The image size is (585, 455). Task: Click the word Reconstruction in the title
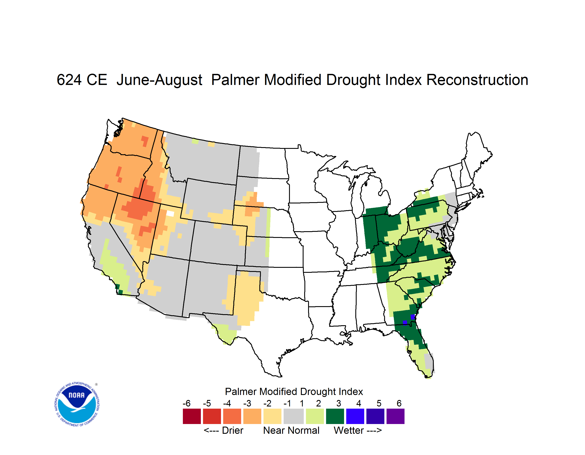click(477, 80)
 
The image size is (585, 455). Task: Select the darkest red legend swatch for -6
click(192, 416)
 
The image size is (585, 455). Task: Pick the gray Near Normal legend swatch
click(294, 416)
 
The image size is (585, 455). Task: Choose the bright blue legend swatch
click(355, 416)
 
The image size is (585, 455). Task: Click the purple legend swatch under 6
click(395, 416)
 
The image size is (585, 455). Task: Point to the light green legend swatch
click(315, 416)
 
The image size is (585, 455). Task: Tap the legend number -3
click(247, 403)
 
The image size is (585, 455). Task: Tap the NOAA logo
click(77, 404)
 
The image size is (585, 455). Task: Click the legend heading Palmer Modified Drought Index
click(294, 392)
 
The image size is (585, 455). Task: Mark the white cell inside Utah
click(170, 213)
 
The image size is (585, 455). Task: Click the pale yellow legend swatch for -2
click(272, 416)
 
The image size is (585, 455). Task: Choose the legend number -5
click(207, 403)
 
